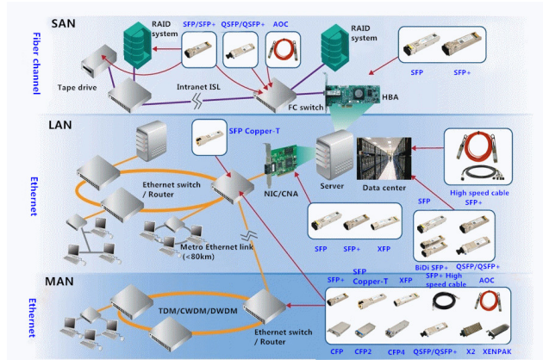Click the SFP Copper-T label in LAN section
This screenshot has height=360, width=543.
coord(254,130)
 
